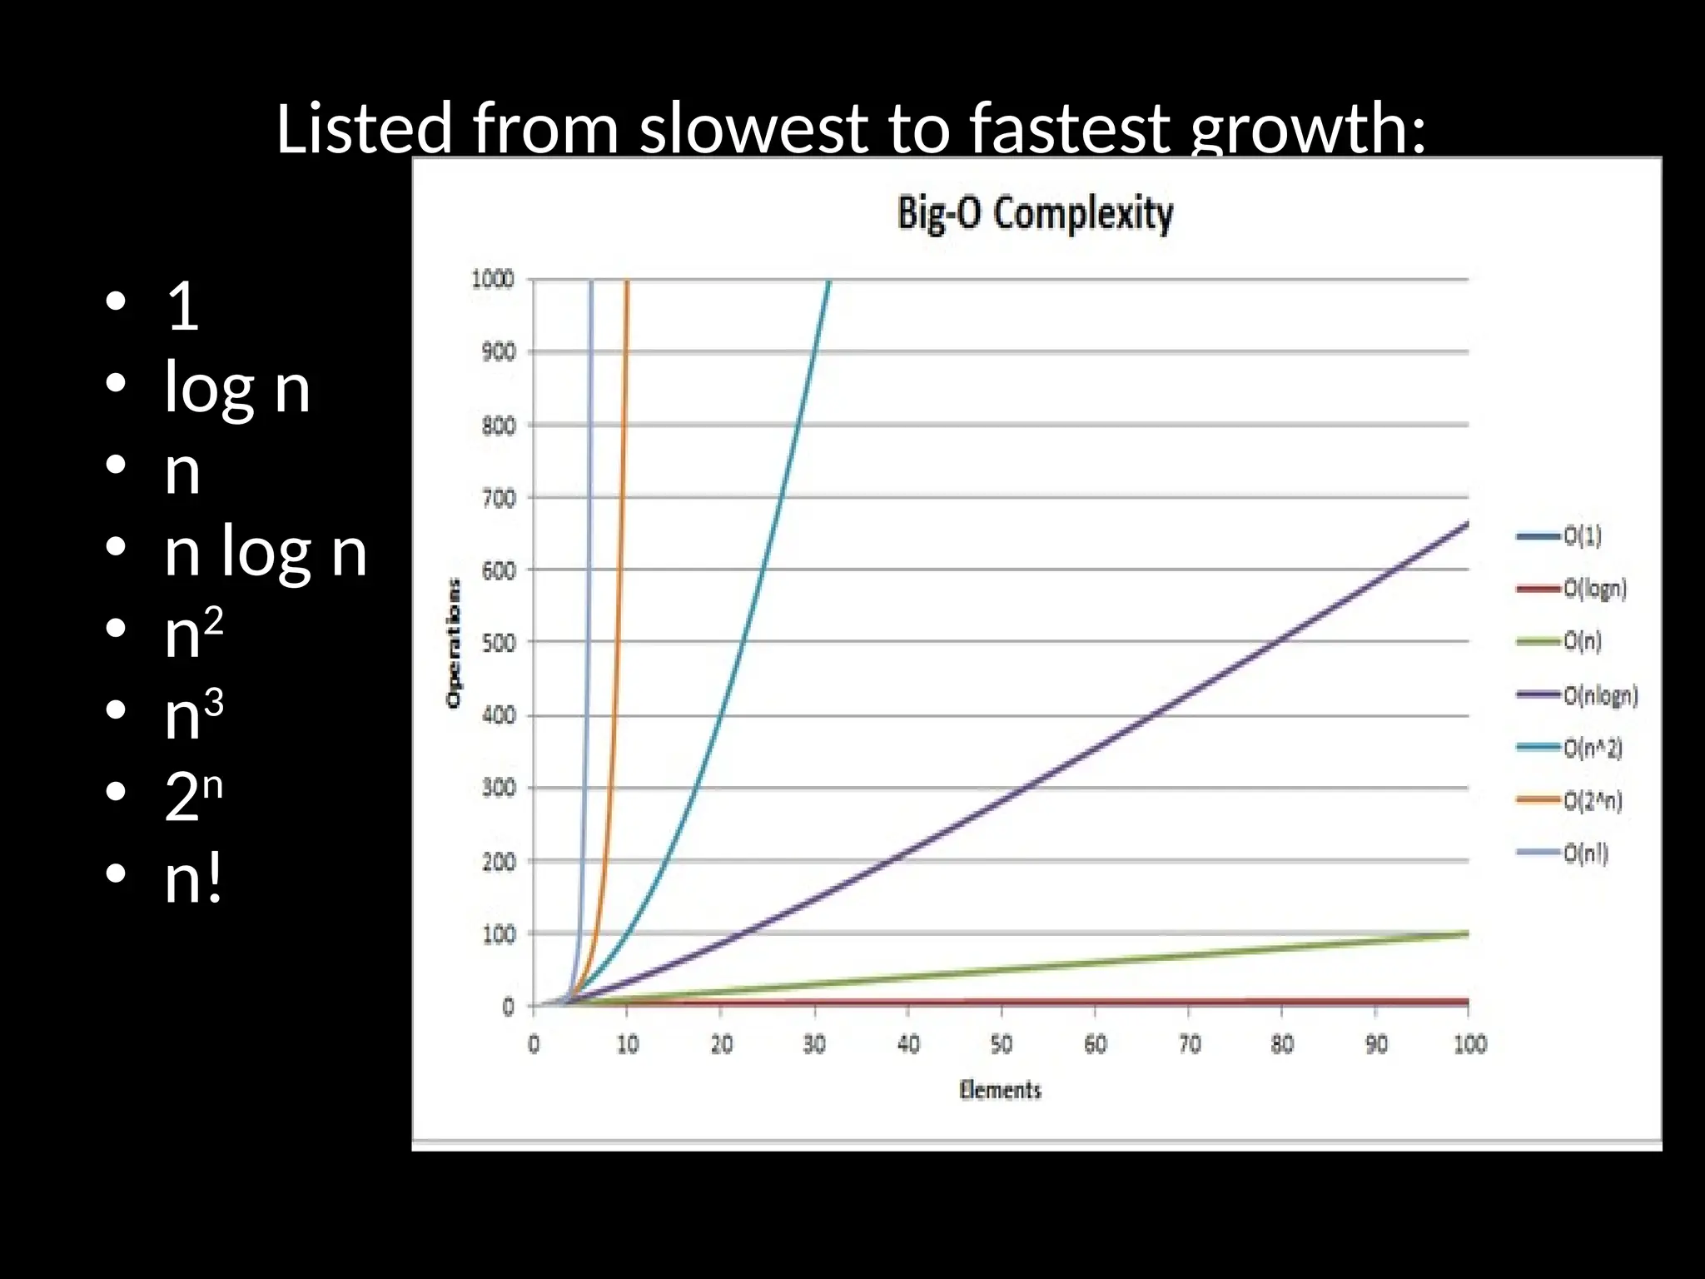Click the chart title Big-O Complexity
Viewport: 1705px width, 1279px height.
(1035, 213)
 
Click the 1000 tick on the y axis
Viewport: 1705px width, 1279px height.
(493, 279)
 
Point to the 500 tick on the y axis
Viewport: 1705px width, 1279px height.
(498, 643)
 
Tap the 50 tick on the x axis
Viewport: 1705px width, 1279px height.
(1002, 1044)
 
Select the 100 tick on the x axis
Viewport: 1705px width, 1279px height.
(1469, 1044)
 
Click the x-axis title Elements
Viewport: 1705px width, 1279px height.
(1000, 1090)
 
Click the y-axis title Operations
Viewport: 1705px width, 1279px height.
(454, 643)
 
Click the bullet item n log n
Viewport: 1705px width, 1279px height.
(266, 551)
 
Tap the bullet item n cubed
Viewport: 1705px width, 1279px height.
(194, 714)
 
